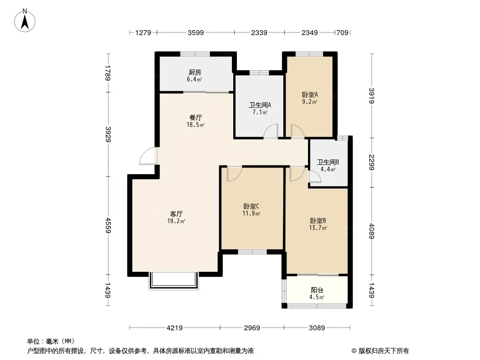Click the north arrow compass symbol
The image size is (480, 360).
coord(25,21)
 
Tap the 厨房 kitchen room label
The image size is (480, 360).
coord(195,72)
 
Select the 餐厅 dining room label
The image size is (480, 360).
coord(195,117)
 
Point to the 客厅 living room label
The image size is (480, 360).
coord(177,214)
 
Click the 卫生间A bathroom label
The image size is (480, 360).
coord(260,105)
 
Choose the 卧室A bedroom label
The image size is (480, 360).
coord(310,95)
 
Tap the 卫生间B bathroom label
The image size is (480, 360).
coord(328,162)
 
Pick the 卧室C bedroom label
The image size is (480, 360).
coord(251,207)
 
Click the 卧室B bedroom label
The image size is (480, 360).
coord(318,220)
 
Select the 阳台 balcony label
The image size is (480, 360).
coord(317,290)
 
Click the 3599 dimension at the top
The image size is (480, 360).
coord(195,32)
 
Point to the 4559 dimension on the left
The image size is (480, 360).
coord(108,225)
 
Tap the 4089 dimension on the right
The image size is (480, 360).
coord(371,231)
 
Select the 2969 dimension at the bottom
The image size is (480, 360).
coord(252,328)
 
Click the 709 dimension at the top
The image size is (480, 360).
coord(343,32)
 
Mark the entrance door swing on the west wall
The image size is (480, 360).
coord(149,156)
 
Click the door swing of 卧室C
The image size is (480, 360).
coord(235,174)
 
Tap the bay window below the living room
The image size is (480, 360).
coord(174,281)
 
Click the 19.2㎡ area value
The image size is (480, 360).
coord(176,221)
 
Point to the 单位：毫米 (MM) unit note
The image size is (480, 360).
coord(51,341)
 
